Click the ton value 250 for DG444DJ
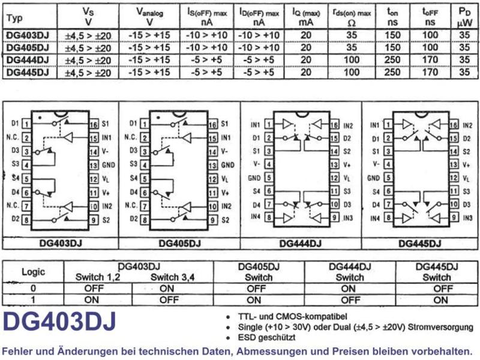point(392,59)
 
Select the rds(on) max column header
point(352,17)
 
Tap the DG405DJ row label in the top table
point(28,48)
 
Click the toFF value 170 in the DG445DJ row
point(430,72)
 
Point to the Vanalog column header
point(149,17)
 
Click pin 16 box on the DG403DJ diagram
point(94,124)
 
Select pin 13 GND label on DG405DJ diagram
point(227,166)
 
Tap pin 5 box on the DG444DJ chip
point(269,178)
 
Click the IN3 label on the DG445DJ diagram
point(467,218)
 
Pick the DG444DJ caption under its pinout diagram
point(301,244)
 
